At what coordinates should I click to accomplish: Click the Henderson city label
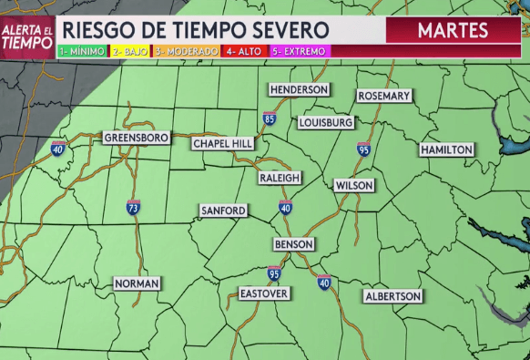[298, 89]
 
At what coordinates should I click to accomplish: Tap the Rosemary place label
[384, 96]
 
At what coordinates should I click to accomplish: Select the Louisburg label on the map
[325, 122]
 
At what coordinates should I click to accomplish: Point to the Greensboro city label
[137, 138]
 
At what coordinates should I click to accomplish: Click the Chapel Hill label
[223, 144]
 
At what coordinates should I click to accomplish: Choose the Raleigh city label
[279, 177]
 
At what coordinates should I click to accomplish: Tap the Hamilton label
[446, 149]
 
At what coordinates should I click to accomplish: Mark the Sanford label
[223, 211]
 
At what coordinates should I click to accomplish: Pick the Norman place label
[137, 283]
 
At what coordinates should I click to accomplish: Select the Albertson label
[392, 296]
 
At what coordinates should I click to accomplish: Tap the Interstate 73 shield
[133, 208]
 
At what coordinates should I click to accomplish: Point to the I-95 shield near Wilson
[363, 149]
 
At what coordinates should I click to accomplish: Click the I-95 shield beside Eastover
[274, 273]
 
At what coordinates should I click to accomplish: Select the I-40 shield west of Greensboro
[58, 149]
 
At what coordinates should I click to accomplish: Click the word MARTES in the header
[453, 31]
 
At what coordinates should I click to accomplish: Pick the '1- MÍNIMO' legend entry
[82, 52]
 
